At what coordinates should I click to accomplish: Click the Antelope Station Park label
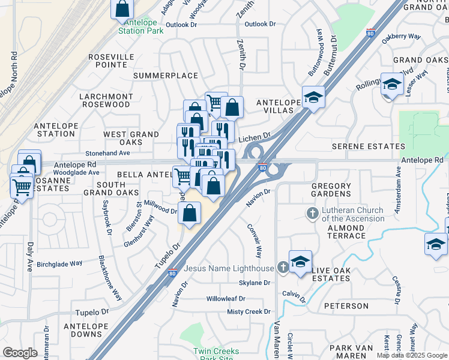tap(140, 26)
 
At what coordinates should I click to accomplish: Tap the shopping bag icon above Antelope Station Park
tap(122, 8)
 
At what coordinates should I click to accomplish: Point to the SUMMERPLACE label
tap(157, 76)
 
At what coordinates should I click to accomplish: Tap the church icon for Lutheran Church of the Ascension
tap(312, 213)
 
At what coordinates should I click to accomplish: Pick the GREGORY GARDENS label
tap(331, 190)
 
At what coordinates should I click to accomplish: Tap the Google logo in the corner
tap(20, 353)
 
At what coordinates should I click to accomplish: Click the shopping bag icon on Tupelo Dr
tap(189, 214)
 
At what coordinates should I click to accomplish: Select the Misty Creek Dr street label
tap(249, 312)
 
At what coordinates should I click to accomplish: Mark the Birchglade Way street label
tap(59, 263)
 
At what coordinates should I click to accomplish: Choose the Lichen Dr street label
tap(255, 138)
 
